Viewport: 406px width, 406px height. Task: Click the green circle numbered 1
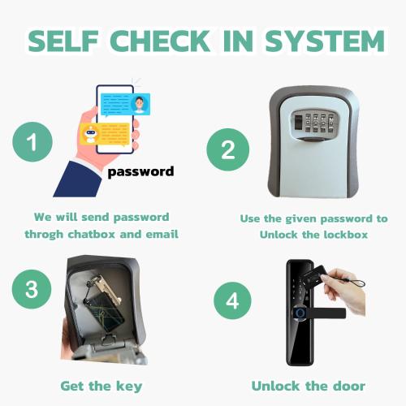[32, 142]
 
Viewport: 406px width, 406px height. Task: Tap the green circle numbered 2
[228, 149]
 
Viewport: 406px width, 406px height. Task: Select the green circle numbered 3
[32, 289]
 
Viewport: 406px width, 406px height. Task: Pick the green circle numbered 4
[232, 300]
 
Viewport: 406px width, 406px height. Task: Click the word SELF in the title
[63, 41]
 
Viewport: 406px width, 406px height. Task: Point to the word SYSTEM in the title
[325, 41]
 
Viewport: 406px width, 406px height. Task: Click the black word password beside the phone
[140, 172]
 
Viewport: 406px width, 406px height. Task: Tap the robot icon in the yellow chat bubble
[90, 134]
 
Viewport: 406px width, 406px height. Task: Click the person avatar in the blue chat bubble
[140, 105]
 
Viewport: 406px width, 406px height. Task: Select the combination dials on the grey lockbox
[319, 123]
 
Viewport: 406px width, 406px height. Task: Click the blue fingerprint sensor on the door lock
[300, 313]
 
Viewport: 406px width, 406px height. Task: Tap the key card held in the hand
[314, 276]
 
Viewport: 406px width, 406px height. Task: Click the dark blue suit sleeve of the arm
[78, 179]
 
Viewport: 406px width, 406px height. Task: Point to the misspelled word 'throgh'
[44, 235]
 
